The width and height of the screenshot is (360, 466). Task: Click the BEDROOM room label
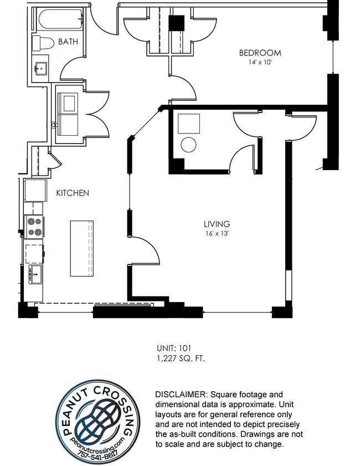pyautogui.click(x=260, y=53)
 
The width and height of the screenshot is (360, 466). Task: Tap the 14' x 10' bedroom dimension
pyautogui.click(x=260, y=63)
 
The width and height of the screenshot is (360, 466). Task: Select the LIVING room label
pyautogui.click(x=217, y=224)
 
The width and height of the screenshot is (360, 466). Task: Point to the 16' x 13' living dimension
pyautogui.click(x=217, y=233)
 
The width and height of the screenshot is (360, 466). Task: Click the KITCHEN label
pyautogui.click(x=72, y=193)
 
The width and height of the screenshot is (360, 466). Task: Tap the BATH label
pyautogui.click(x=68, y=42)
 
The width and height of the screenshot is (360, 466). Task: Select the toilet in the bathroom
pyautogui.click(x=42, y=43)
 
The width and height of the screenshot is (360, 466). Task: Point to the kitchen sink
pyautogui.click(x=34, y=274)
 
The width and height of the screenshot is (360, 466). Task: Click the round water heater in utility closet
pyautogui.click(x=188, y=145)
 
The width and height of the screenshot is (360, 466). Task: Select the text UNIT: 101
pyautogui.click(x=174, y=349)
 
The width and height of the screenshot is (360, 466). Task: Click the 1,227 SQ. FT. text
pyautogui.click(x=181, y=359)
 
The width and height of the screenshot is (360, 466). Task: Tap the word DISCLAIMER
pyautogui.click(x=180, y=394)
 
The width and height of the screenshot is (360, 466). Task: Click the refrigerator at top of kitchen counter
pyautogui.click(x=35, y=190)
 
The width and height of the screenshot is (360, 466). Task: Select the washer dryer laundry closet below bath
pyautogui.click(x=69, y=114)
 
